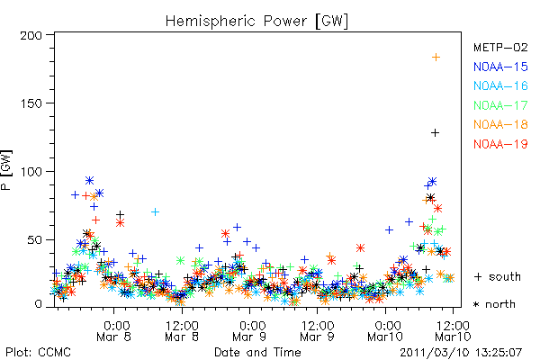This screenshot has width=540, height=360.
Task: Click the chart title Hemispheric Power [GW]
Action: point(256,21)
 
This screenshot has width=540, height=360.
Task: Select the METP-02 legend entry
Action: point(500,47)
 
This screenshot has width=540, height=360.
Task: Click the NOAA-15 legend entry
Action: point(500,67)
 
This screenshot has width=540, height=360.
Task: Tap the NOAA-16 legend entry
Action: point(500,85)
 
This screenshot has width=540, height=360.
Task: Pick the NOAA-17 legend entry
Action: point(500,105)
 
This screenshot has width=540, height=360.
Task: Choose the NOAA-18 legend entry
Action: point(500,124)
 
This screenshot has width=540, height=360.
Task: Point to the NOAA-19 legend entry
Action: point(500,144)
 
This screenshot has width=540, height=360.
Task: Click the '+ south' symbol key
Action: point(497,276)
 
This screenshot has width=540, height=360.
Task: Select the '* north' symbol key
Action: point(494,304)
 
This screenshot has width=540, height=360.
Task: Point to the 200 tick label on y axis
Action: point(31,35)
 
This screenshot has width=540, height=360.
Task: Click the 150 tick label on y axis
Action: point(31,103)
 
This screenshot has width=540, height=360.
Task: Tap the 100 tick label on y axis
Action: point(31,172)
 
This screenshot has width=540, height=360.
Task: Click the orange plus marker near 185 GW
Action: point(436,58)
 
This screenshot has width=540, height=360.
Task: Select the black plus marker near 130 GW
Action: point(436,132)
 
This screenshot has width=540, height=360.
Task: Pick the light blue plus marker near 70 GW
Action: point(156,211)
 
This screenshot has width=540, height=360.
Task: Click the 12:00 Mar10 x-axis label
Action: point(453,330)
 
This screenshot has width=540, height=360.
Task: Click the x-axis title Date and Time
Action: point(257,352)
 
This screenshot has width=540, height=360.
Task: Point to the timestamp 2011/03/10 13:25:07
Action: point(461,353)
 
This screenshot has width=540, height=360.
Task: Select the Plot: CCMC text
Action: point(38,352)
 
